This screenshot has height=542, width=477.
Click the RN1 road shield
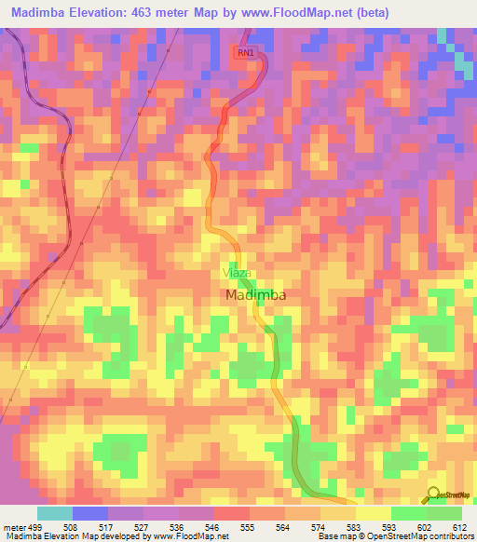[x=245, y=53]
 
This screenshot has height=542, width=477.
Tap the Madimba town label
[x=255, y=294]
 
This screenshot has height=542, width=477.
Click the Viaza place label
[x=237, y=273]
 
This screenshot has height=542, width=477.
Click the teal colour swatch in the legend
[x=55, y=513]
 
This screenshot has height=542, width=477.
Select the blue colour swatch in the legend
[x=90, y=513]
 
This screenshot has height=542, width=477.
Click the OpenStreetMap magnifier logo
[x=432, y=494]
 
